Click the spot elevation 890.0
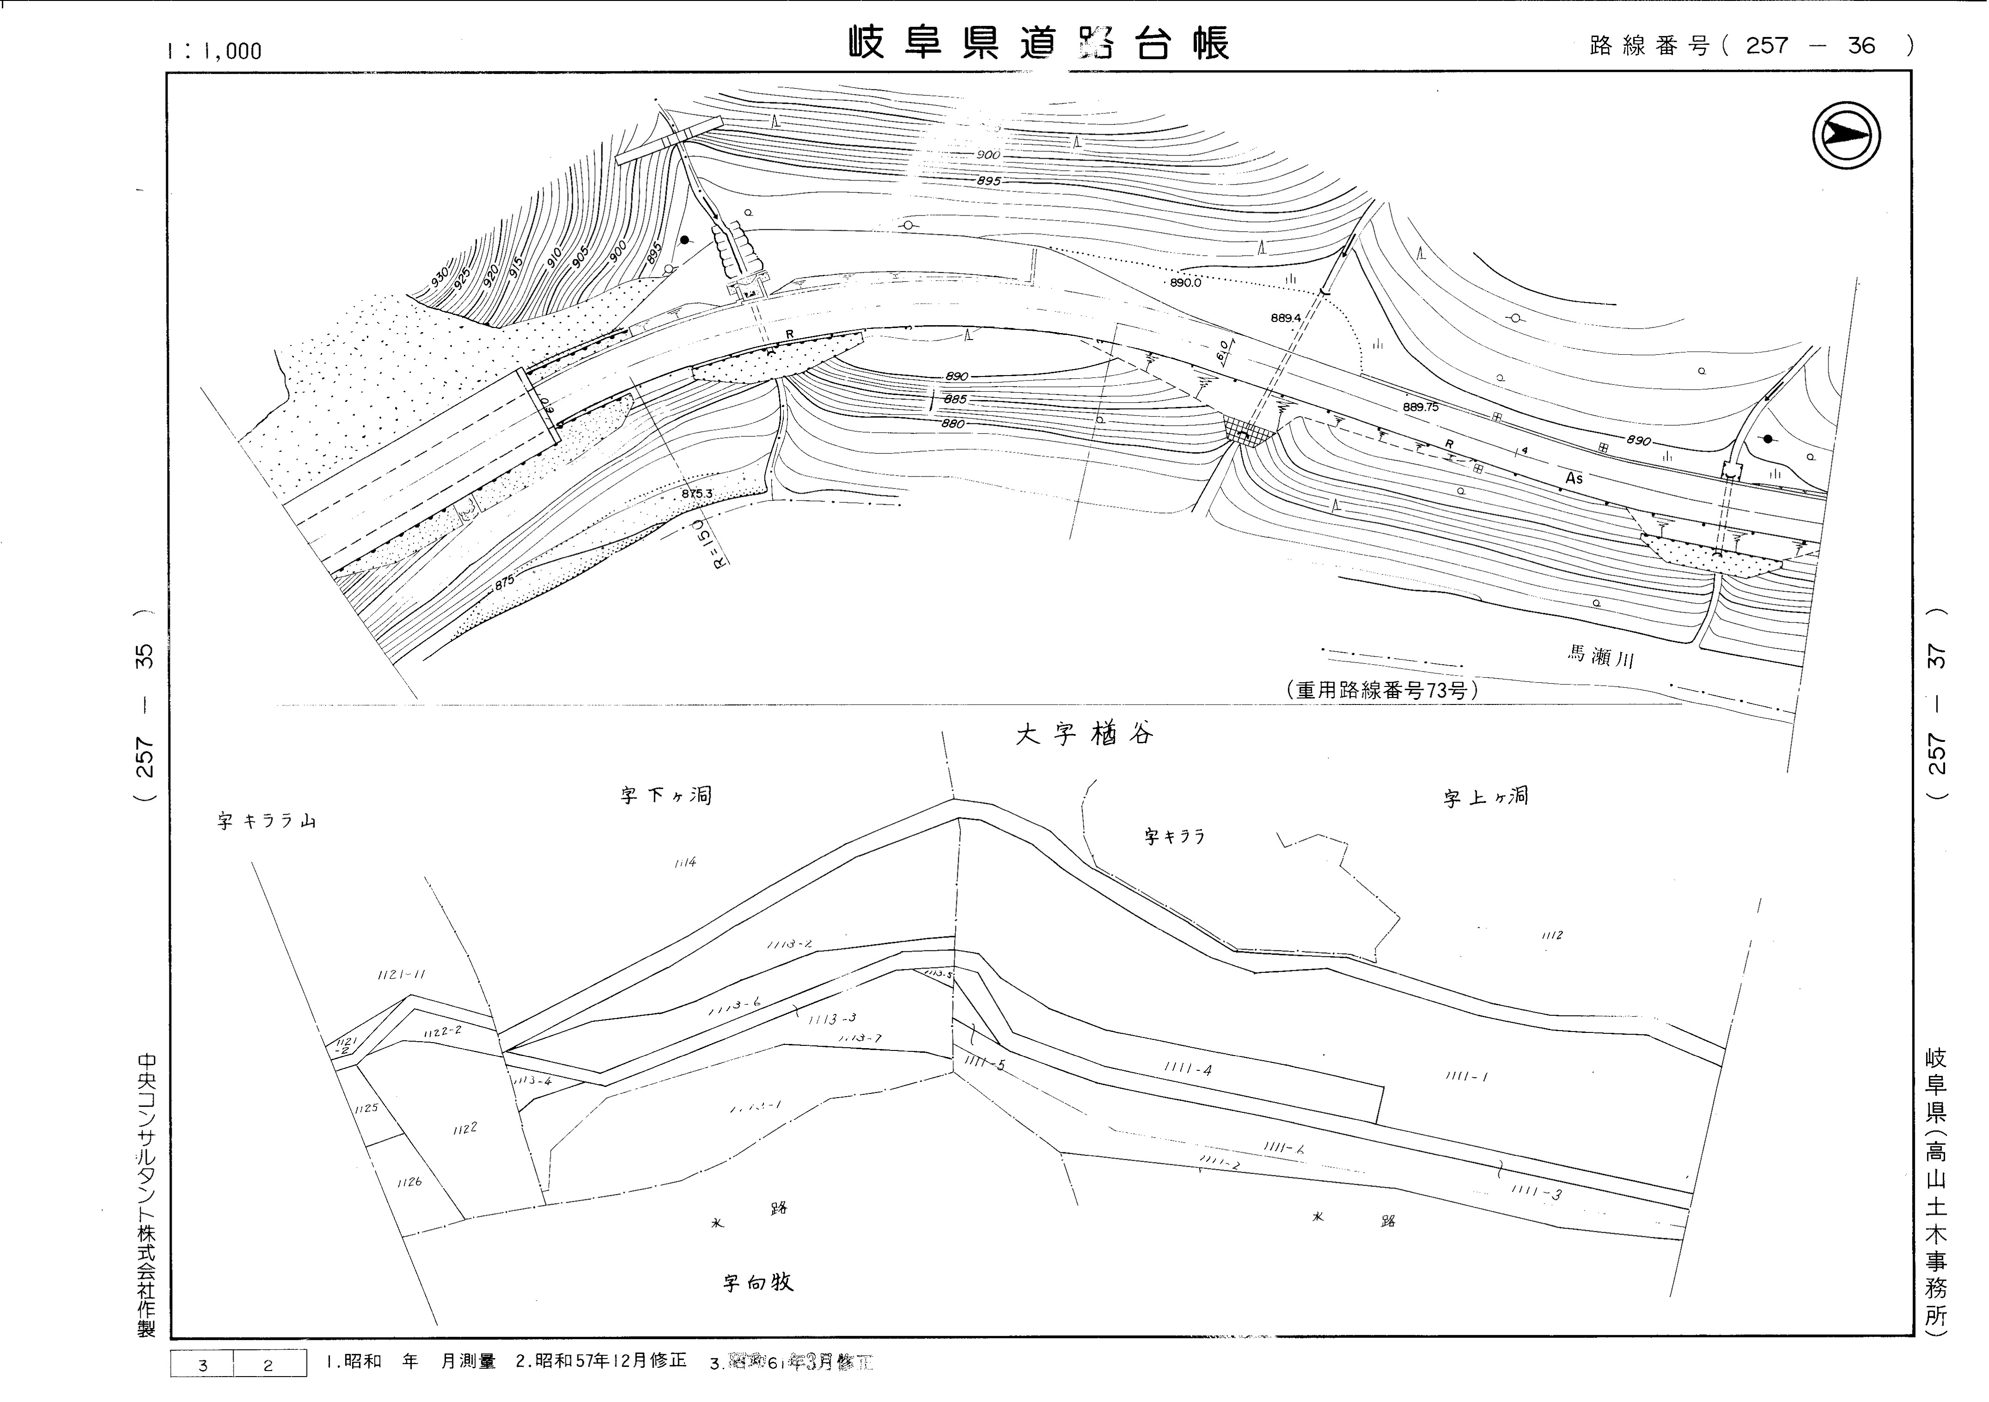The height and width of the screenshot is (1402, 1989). [1185, 282]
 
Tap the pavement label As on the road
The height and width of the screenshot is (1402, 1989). [1574, 478]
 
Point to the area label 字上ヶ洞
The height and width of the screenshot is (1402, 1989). [1485, 797]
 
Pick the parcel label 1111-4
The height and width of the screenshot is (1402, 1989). [1188, 1069]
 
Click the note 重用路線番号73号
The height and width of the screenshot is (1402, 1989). [1382, 690]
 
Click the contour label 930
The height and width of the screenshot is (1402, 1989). [440, 277]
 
